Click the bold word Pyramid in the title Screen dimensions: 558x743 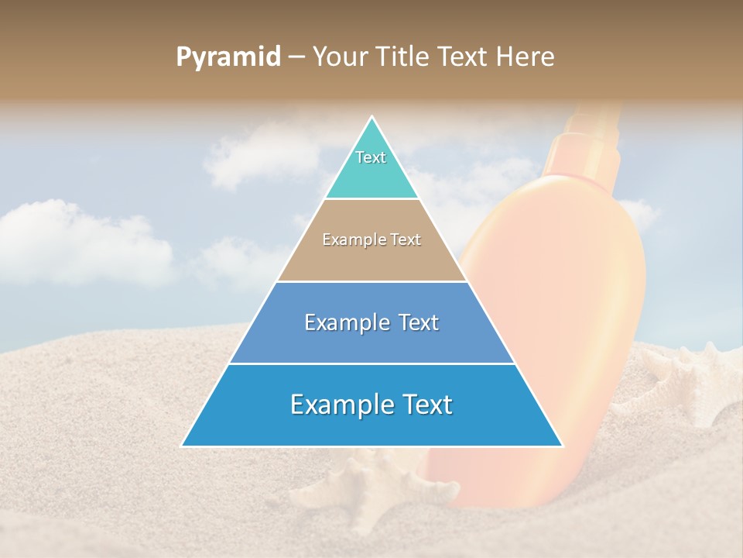coord(228,57)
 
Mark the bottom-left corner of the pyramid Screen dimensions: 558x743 coord(183,446)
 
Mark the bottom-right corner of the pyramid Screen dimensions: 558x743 coord(562,446)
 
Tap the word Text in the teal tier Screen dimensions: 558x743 coord(371,157)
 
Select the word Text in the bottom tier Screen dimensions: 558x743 coord(422,405)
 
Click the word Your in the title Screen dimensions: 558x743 coord(340,57)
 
